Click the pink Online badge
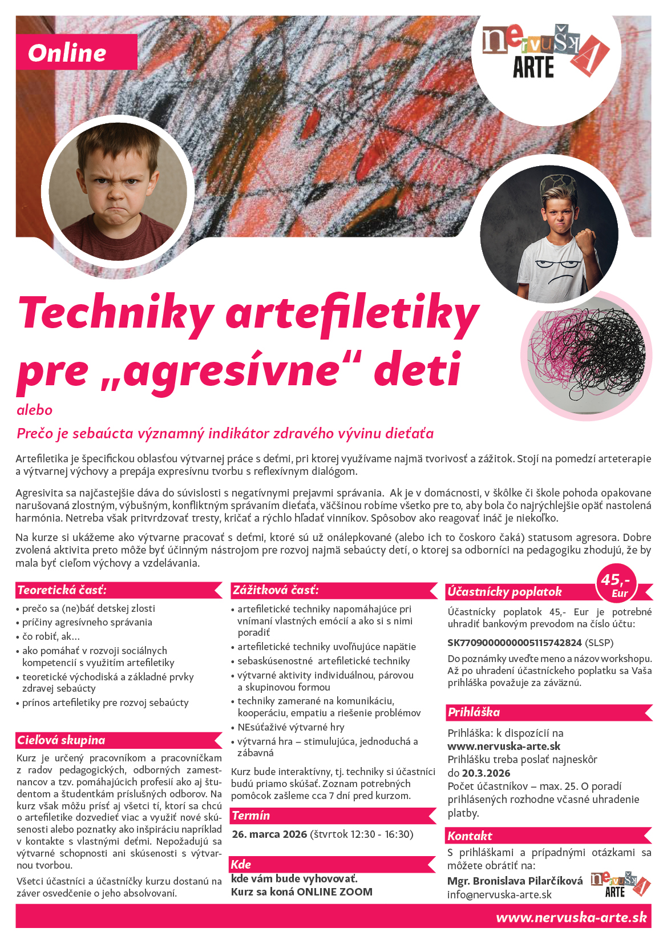point(76,52)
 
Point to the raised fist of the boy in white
point(585,242)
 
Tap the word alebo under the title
point(34,410)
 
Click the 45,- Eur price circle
point(616,584)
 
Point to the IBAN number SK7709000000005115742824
point(514,643)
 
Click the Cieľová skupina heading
point(61,740)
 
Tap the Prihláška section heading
point(474,712)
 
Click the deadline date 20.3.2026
point(486,773)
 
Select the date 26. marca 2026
point(269,834)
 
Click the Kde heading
point(241,864)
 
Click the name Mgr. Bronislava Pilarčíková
point(515,881)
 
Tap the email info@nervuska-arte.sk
point(499,894)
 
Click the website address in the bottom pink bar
point(571,918)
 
